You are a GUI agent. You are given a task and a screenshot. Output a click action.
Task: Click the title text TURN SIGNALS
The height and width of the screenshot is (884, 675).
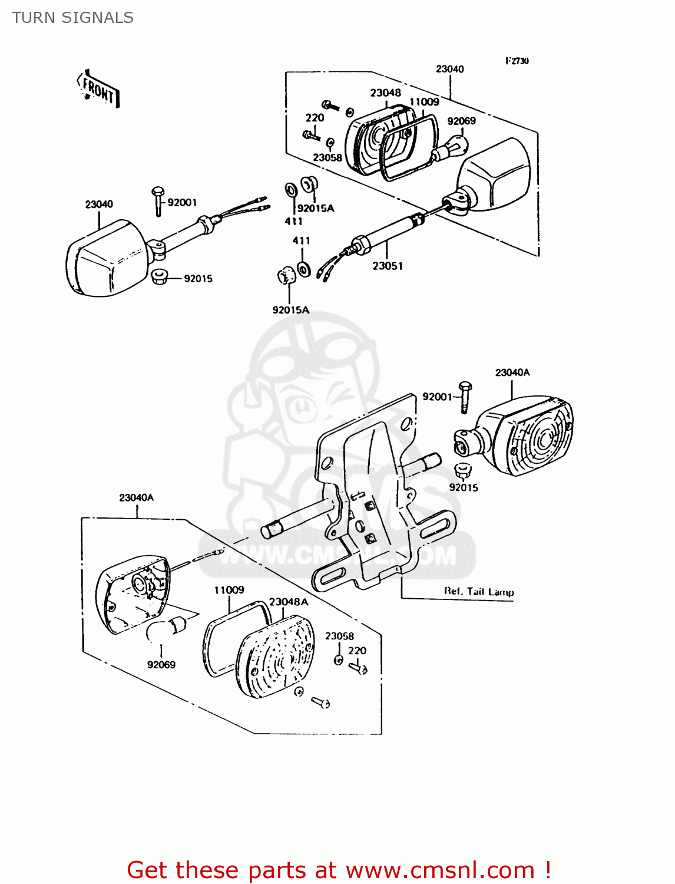click(72, 18)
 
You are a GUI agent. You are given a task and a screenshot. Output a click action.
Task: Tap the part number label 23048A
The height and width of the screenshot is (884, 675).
click(289, 602)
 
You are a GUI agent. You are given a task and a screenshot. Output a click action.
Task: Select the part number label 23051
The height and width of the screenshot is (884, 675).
click(388, 266)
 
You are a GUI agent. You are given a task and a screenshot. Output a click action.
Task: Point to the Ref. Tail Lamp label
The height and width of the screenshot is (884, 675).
click(479, 591)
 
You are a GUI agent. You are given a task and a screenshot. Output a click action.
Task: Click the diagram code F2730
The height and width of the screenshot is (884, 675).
click(517, 61)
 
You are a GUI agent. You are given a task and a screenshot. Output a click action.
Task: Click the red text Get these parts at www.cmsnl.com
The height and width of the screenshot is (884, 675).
click(339, 870)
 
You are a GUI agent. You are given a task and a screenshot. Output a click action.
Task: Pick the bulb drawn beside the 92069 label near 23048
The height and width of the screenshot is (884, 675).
click(451, 147)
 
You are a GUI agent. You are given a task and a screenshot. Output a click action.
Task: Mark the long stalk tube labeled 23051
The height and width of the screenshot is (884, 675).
click(389, 231)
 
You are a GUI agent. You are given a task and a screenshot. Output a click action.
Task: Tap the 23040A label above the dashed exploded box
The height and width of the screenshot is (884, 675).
click(136, 497)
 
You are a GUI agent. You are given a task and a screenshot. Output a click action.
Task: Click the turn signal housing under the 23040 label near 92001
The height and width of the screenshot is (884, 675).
click(106, 259)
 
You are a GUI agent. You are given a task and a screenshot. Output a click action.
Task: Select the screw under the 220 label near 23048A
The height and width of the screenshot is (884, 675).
click(358, 668)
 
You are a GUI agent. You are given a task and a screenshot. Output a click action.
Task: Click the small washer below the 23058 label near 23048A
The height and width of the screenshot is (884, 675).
click(339, 660)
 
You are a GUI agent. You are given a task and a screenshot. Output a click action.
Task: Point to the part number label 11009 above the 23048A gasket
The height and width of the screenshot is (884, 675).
click(229, 590)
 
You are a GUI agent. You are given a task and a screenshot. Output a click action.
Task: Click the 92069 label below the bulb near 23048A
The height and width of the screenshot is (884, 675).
click(161, 665)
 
